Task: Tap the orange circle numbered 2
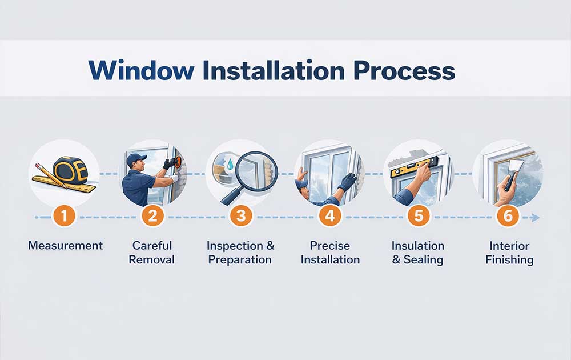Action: coord(154,217)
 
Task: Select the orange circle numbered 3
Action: coord(241,217)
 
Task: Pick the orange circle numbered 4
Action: coord(329,217)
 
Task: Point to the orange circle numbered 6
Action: coord(506,217)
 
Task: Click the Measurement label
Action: coord(66,246)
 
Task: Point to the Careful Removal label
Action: coord(152,252)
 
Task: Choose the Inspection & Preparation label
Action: coord(240,252)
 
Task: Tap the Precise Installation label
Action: coord(330,252)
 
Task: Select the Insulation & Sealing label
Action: coord(417,252)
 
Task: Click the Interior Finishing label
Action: coord(509,252)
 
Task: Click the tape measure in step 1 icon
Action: coord(70,170)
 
